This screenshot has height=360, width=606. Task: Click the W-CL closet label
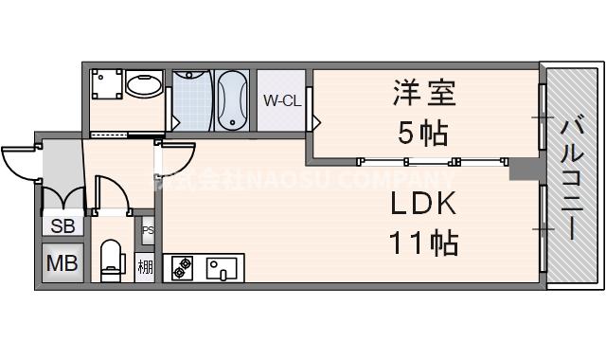(281, 100)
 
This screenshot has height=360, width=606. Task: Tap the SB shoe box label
(62, 226)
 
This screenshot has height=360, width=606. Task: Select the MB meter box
(62, 261)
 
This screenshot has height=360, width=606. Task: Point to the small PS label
(147, 230)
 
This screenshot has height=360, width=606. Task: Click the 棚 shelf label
(146, 265)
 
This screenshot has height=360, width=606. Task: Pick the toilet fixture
(111, 258)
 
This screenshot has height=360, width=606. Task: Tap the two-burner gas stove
(180, 268)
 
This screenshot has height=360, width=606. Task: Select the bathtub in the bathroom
(233, 100)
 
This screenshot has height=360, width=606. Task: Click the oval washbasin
(145, 86)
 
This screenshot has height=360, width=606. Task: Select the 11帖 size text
(423, 243)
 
